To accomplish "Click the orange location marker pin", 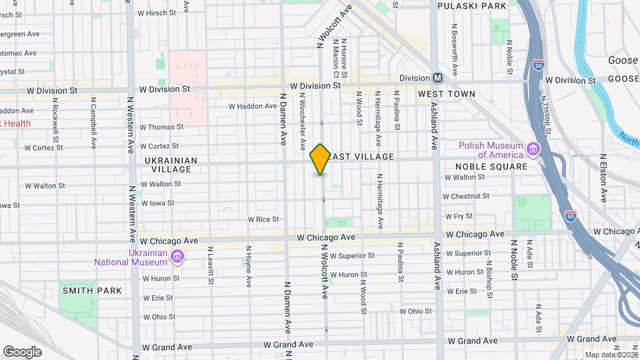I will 320,159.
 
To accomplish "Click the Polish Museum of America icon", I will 532,147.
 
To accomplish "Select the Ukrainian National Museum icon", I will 177,257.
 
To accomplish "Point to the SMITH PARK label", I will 92,291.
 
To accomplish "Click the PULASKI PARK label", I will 472,5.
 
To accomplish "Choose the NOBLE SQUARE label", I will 491,167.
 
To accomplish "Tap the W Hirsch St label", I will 155,13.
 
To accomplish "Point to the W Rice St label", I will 263,219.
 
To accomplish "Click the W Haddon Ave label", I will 253,106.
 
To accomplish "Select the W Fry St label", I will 459,216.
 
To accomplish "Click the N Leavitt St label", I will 210,265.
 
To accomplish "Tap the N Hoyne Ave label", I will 248,266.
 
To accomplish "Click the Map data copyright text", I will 610,355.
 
